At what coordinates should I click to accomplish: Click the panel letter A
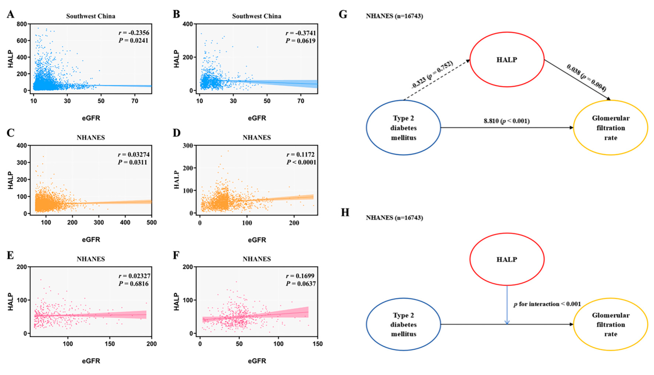[x=11, y=14]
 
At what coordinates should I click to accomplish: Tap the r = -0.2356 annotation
[x=134, y=33]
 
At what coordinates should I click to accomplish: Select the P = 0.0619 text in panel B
[x=300, y=41]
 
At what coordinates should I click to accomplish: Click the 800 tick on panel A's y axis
[x=22, y=24]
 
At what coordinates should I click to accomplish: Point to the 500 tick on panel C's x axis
[x=151, y=223]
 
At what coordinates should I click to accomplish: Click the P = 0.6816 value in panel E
[x=134, y=284]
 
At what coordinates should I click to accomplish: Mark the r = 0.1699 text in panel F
[x=300, y=276]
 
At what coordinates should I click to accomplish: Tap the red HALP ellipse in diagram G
[x=507, y=60]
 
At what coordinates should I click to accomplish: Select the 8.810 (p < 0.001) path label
[x=506, y=121]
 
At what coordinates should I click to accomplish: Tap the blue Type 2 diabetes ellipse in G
[x=403, y=128]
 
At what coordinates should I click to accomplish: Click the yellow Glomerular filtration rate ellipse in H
[x=610, y=324]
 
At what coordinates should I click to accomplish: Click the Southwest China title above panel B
[x=257, y=16]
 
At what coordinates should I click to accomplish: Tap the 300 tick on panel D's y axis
[x=188, y=146]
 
